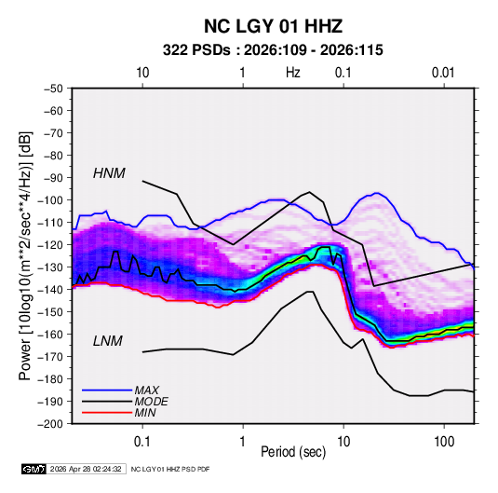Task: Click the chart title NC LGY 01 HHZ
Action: [x=273, y=26]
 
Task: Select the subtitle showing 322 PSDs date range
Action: [x=273, y=50]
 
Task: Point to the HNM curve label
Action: [x=109, y=173]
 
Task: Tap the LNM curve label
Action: [x=108, y=341]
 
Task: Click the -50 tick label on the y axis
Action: [x=53, y=89]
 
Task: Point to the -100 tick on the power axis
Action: [x=50, y=200]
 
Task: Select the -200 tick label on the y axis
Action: [x=50, y=424]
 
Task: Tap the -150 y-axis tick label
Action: [x=50, y=312]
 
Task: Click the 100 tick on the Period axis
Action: [x=444, y=442]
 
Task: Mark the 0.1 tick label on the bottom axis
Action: [x=142, y=442]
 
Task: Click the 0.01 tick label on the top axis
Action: [x=443, y=73]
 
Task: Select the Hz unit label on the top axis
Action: [x=293, y=73]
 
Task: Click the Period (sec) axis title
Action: [x=293, y=452]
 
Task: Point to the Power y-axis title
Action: [x=25, y=255]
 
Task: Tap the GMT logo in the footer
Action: [x=34, y=469]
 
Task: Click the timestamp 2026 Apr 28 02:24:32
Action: [x=86, y=469]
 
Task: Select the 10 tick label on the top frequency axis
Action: [x=142, y=73]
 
